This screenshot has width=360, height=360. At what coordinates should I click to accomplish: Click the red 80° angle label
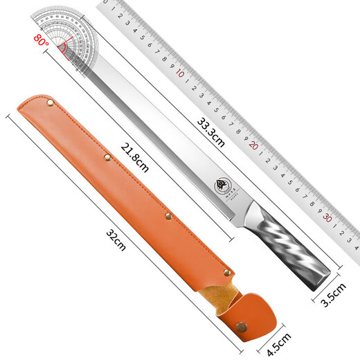coord(40,42)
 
